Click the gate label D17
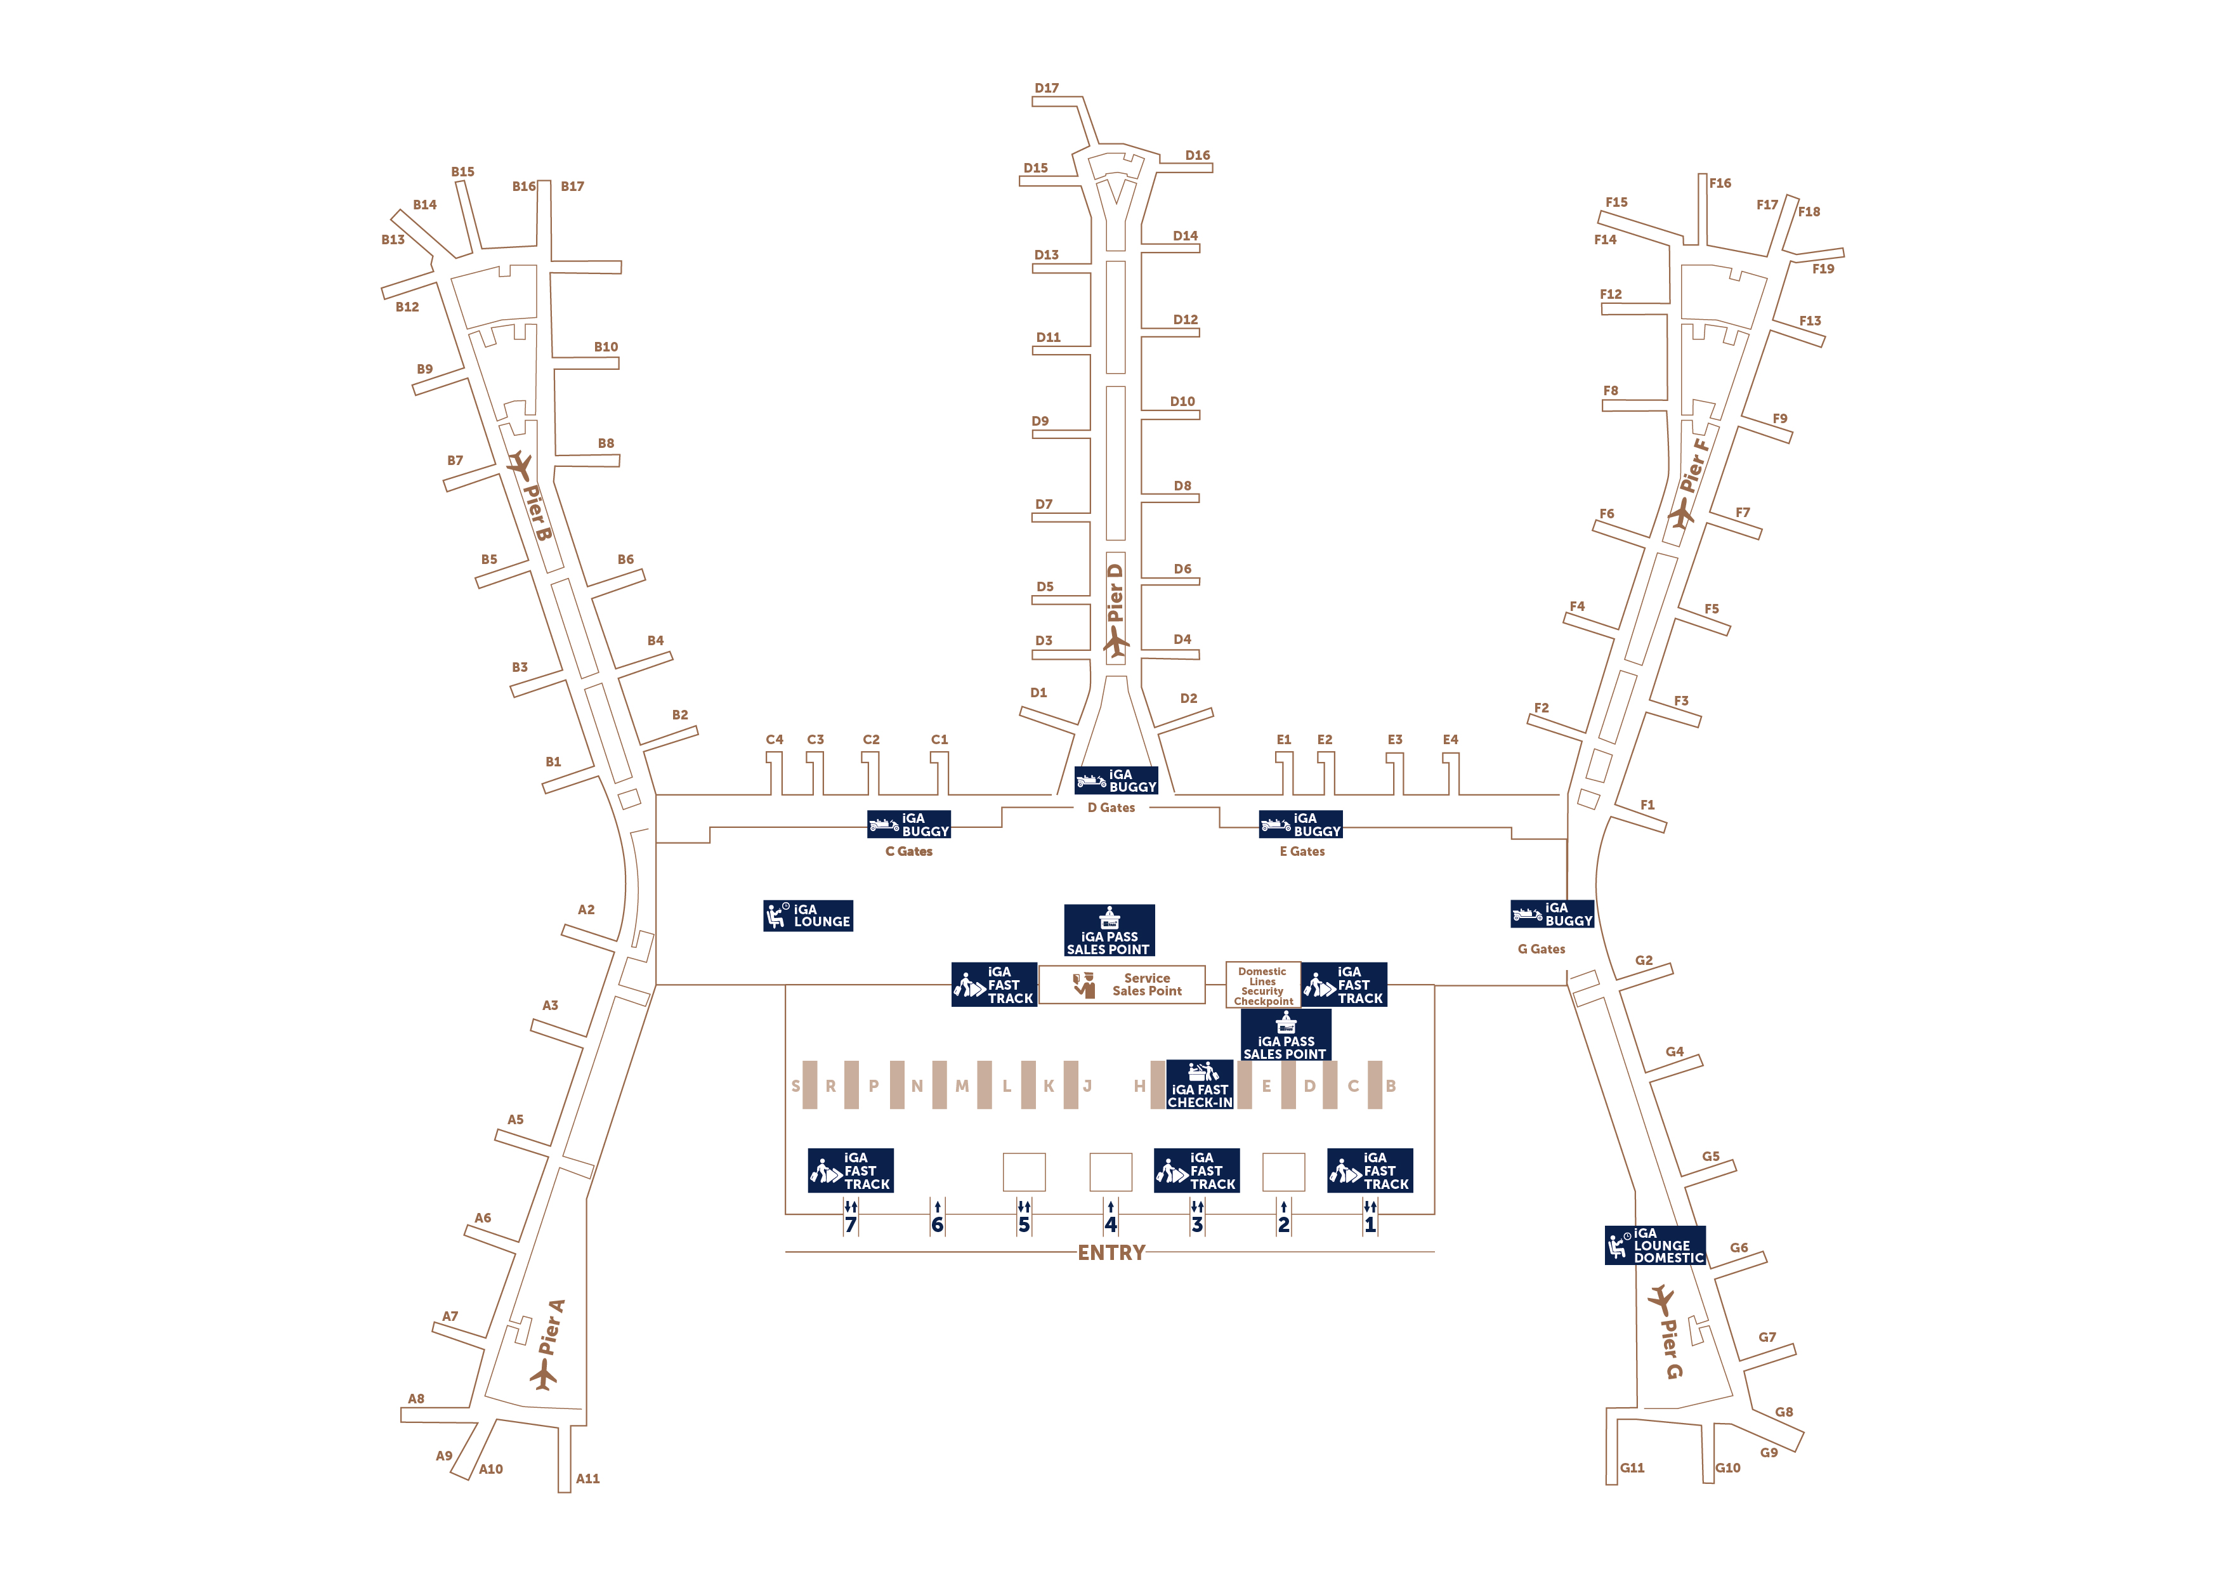[x=1046, y=88]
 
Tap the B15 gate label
[x=462, y=172]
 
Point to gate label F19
[x=1823, y=268]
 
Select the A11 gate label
[x=587, y=1478]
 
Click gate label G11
[x=1632, y=1467]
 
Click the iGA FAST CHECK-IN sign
[x=1200, y=1084]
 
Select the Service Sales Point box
[x=1122, y=985]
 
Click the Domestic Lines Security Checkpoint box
[x=1262, y=985]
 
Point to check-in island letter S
[x=796, y=1085]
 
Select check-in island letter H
[x=1139, y=1085]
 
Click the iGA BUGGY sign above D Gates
[x=1116, y=781]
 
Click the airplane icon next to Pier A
[x=544, y=1374]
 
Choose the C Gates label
[x=908, y=851]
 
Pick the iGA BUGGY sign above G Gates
[x=1552, y=914]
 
